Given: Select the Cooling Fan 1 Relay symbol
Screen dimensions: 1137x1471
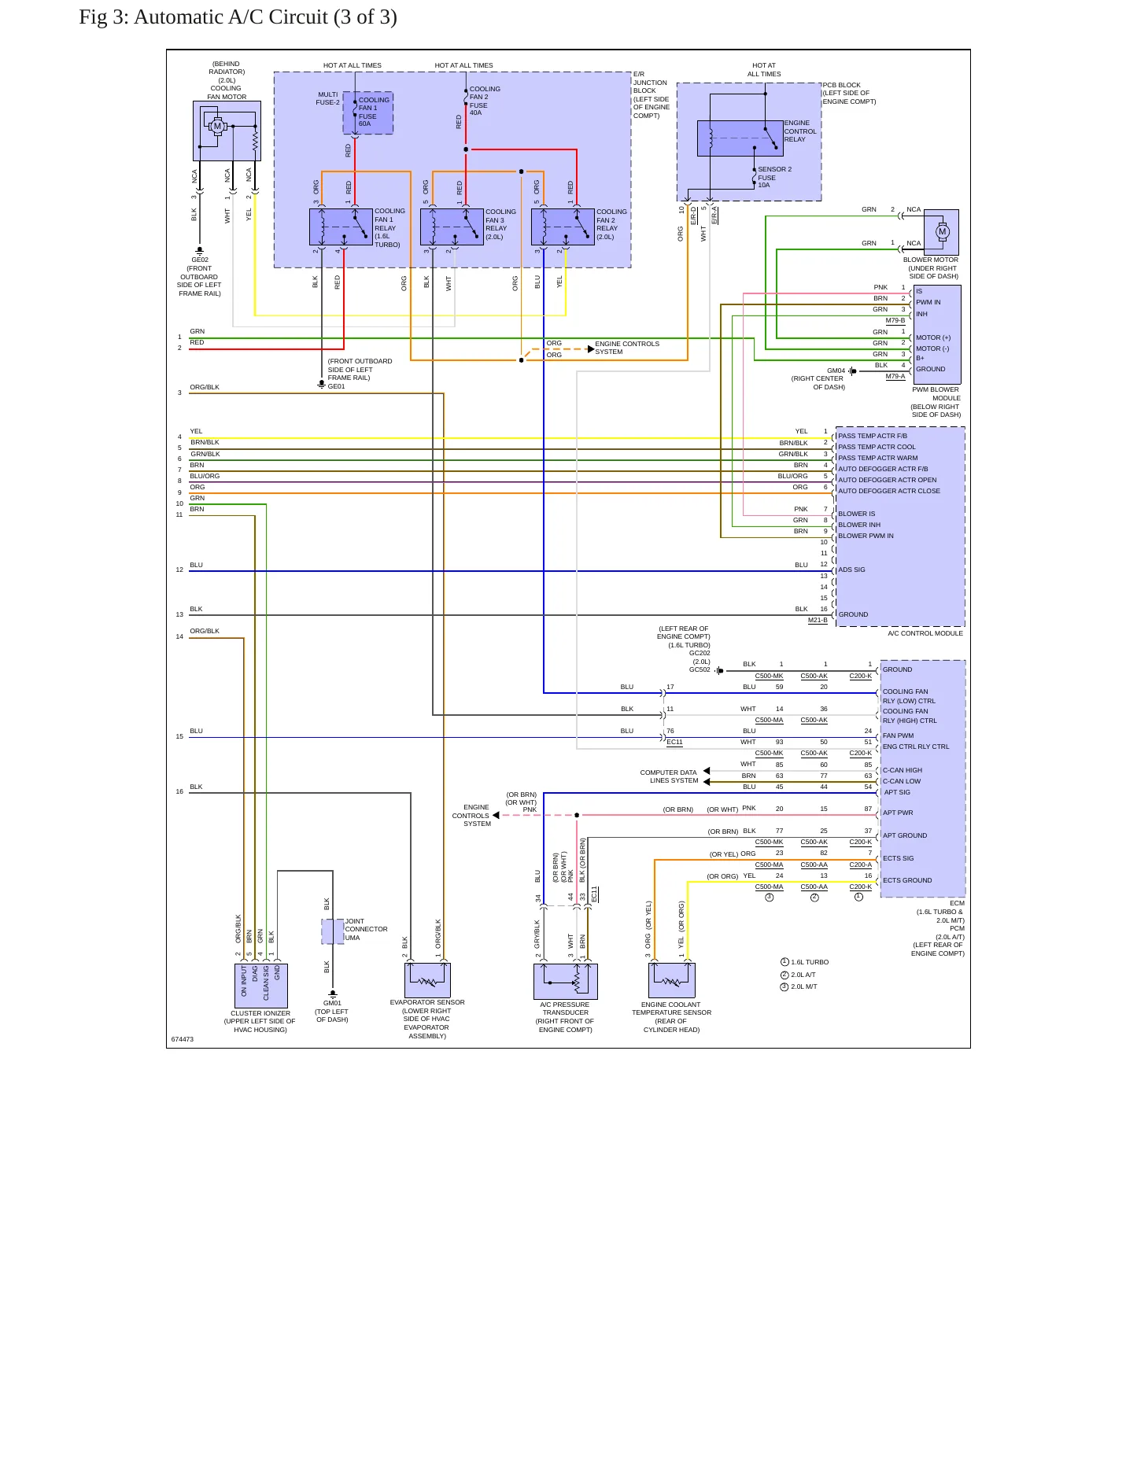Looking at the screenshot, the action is click(341, 227).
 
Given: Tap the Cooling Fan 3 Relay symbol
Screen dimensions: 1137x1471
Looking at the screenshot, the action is click(452, 227).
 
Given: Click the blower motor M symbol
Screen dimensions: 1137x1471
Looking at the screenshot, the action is click(943, 231).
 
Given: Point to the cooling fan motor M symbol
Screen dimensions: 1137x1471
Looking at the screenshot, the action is click(218, 126).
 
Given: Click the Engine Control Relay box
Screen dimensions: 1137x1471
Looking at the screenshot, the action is click(740, 138).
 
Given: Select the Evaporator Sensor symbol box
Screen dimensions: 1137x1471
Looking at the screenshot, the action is click(428, 980).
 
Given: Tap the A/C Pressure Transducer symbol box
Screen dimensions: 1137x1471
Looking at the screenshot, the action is click(566, 981).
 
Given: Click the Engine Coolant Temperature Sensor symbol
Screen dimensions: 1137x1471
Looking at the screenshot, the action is click(672, 980).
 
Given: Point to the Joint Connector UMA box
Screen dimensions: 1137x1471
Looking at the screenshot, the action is click(333, 931).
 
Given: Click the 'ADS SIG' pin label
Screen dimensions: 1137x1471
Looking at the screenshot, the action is click(851, 570).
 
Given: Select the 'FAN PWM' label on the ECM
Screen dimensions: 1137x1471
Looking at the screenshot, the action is click(898, 735).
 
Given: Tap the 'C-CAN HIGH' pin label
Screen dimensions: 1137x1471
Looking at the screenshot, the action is click(903, 770).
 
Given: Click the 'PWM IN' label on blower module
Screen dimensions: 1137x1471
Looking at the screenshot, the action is click(928, 302).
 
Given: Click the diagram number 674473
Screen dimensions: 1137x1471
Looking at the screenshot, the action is click(183, 1039).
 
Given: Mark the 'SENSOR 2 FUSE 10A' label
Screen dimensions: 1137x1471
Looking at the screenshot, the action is click(775, 177).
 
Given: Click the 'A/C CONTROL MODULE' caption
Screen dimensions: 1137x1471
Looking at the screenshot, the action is click(925, 633).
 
